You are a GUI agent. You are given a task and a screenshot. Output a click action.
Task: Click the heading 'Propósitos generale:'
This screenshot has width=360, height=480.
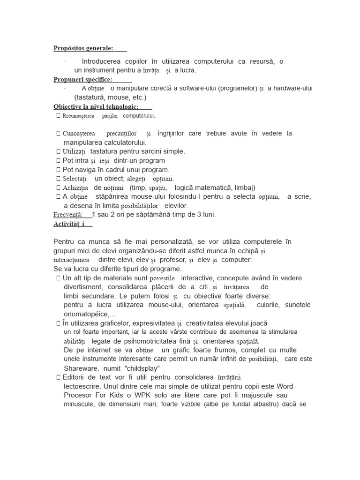click(x=83, y=48)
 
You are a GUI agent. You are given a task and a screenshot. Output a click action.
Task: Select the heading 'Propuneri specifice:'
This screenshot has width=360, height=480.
click(x=83, y=80)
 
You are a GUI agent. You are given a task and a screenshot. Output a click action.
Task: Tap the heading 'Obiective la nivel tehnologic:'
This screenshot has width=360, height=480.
click(x=96, y=107)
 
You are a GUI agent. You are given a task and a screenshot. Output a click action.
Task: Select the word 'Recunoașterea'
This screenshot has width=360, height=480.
click(x=78, y=116)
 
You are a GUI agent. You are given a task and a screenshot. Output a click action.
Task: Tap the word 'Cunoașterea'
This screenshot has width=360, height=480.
click(x=82, y=134)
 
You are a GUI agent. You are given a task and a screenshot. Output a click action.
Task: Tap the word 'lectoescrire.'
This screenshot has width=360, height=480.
click(x=84, y=386)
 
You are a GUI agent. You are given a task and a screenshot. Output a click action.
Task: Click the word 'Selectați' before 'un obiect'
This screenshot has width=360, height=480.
click(x=75, y=179)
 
